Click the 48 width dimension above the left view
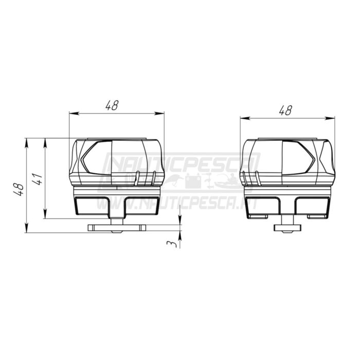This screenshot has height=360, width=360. point(112,105)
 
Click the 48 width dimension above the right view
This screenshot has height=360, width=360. point(285,110)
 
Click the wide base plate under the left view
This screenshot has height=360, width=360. point(117,227)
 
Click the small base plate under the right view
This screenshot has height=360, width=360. point(287,227)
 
